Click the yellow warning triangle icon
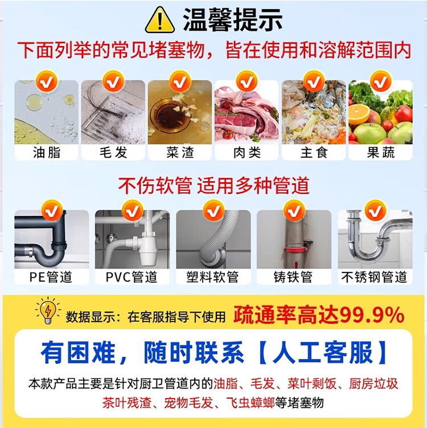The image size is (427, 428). click(160, 20)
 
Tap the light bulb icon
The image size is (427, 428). click(48, 311)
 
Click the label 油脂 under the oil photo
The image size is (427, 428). click(47, 152)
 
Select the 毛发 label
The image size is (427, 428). click(113, 152)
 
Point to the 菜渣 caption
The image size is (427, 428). click(180, 152)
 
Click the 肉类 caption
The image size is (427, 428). click(247, 152)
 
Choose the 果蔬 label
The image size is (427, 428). click(381, 152)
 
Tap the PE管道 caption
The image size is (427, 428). click(51, 277)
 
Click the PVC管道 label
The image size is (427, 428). click(132, 277)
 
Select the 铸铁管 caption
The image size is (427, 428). click(293, 277)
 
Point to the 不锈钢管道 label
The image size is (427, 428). click(374, 277)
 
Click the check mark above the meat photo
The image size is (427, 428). click(247, 81)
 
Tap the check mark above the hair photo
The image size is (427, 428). click(113, 81)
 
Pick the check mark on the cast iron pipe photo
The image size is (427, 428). click(294, 210)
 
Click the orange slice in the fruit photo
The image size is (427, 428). click(359, 115)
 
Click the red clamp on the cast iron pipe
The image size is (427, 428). click(295, 250)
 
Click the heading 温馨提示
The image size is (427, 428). click(233, 20)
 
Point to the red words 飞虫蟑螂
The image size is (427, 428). click(251, 402)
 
